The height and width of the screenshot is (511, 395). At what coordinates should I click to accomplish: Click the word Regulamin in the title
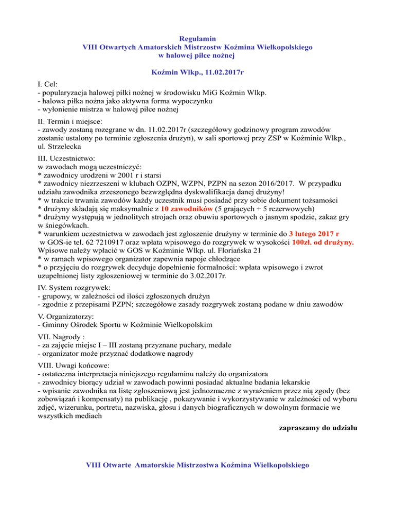[197, 38]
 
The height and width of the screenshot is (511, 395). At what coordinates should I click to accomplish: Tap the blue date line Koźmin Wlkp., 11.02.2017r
[197, 73]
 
